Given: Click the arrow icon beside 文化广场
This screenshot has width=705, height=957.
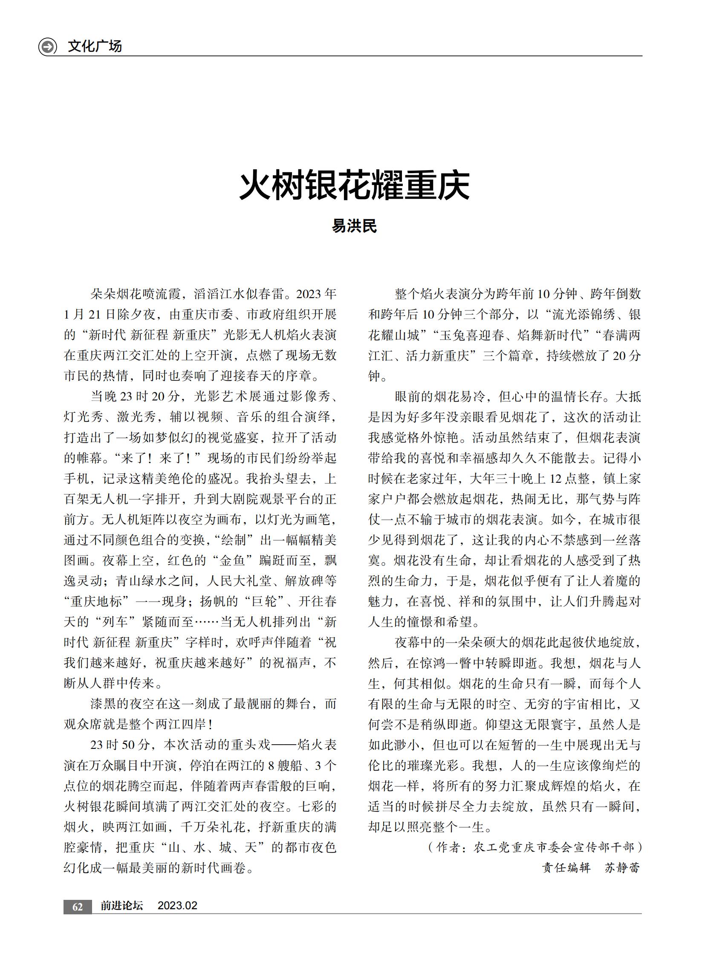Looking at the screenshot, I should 47,46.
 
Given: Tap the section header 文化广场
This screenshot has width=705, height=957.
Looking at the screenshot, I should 94,46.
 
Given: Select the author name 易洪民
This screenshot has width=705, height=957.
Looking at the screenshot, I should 354,226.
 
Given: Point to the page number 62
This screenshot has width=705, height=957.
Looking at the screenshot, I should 77,907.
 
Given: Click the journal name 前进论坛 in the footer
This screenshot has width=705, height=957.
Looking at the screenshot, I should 121,906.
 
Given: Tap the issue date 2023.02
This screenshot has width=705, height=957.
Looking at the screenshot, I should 177,906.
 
